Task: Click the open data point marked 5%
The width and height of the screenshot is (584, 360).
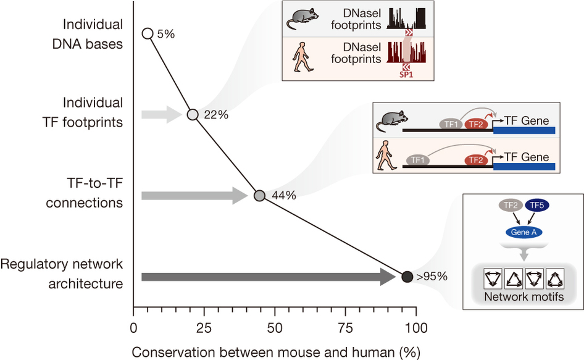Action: click(148, 33)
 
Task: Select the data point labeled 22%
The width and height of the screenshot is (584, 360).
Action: click(193, 114)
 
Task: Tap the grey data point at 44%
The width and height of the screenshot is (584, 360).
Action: click(260, 196)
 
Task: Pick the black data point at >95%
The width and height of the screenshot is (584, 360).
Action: click(407, 277)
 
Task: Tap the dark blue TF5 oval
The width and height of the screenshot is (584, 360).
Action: click(536, 206)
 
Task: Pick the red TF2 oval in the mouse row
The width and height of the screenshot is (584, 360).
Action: click(475, 124)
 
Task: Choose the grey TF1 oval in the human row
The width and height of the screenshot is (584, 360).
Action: click(419, 160)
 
